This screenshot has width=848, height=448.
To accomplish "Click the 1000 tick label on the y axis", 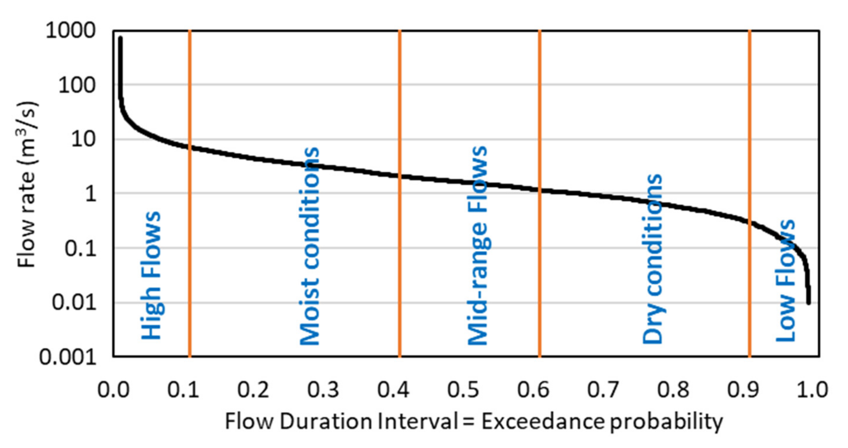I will click(x=70, y=31).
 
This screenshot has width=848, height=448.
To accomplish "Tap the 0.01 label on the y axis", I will click(x=74, y=302).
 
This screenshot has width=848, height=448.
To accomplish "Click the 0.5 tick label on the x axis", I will click(x=463, y=389).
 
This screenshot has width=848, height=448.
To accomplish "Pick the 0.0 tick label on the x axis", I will click(x=113, y=389).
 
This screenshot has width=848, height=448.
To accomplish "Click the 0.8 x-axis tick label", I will click(x=673, y=389).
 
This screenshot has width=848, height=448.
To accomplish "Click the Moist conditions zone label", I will click(x=310, y=245).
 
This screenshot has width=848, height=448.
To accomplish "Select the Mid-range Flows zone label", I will click(x=478, y=245).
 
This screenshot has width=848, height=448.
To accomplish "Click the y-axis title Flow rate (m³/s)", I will click(x=27, y=185).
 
